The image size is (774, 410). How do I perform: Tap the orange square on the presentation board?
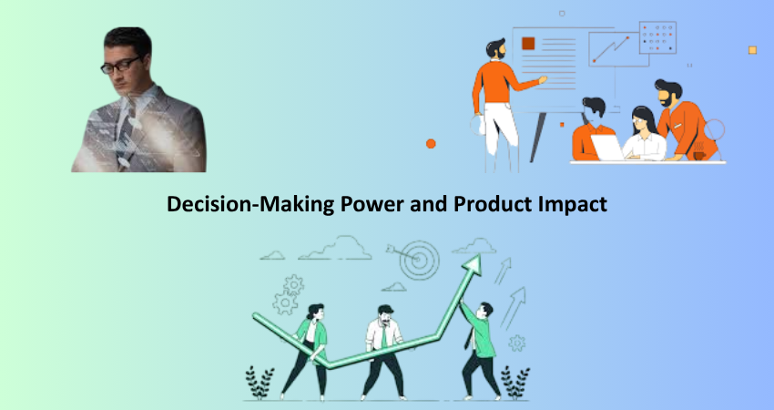pyautogui.click(x=528, y=44)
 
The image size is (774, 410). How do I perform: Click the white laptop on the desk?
pyautogui.click(x=607, y=148)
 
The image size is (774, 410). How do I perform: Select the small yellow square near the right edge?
pyautogui.click(x=752, y=50)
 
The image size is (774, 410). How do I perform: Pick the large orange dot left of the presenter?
pyautogui.click(x=431, y=144)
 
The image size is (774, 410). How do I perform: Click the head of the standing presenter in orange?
pyautogui.click(x=495, y=48)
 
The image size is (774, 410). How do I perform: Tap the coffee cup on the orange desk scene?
pyautogui.click(x=699, y=156)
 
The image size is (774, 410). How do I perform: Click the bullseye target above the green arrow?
pyautogui.click(x=419, y=260)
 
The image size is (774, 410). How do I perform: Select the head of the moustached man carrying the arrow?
pyautogui.click(x=385, y=315)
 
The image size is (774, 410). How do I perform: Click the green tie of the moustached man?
pyautogui.click(x=384, y=337)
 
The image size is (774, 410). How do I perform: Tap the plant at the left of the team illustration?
pyautogui.click(x=260, y=383)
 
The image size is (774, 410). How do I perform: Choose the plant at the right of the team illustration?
pyautogui.click(x=514, y=383)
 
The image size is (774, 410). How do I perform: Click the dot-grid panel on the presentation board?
pyautogui.click(x=658, y=37)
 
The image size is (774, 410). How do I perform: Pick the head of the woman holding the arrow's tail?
pyautogui.click(x=314, y=313)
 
